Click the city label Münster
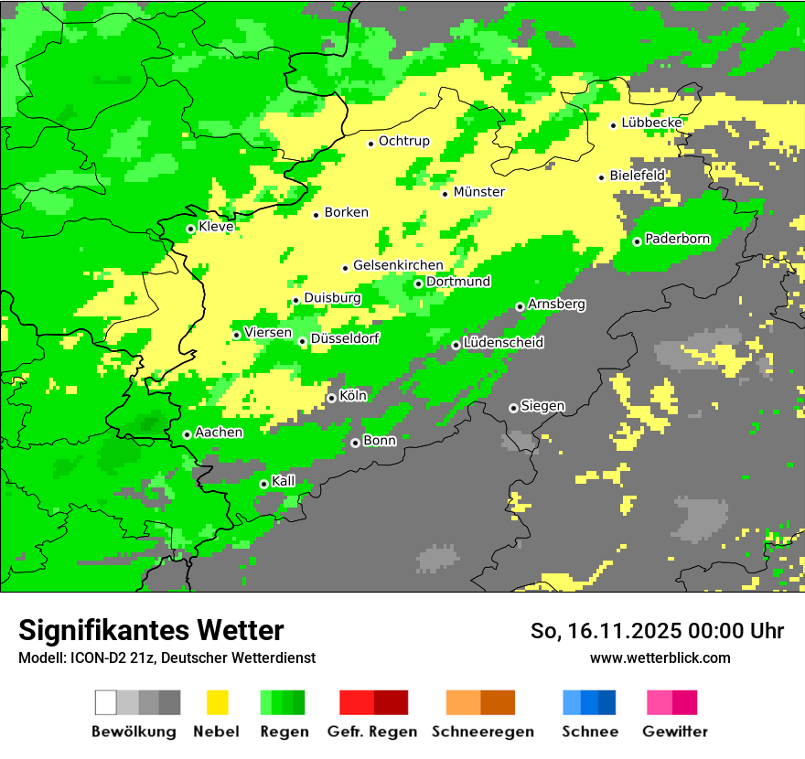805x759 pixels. point(479,192)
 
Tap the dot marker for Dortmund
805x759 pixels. point(419,283)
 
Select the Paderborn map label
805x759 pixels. point(678,240)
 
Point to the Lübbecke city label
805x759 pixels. point(652,123)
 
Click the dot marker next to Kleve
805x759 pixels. point(190,229)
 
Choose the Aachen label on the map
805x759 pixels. point(219,433)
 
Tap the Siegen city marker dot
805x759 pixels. point(513,408)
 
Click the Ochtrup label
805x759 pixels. point(404,141)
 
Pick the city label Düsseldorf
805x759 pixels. point(345,339)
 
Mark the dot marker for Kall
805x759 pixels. point(263,484)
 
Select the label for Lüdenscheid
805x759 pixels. point(504,343)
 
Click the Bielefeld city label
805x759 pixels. point(638,175)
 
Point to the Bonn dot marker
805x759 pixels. point(355,443)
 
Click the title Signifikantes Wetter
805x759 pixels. point(151,631)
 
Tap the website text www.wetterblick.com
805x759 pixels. point(660,657)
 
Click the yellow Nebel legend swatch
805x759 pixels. point(217,702)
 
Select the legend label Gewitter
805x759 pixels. point(675,732)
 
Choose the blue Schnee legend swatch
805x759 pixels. point(589,702)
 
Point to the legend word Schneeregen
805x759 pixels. point(483,732)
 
